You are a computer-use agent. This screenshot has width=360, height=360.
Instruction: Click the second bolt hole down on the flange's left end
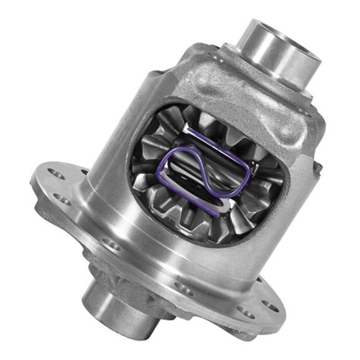pyautogui.click(x=61, y=199)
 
